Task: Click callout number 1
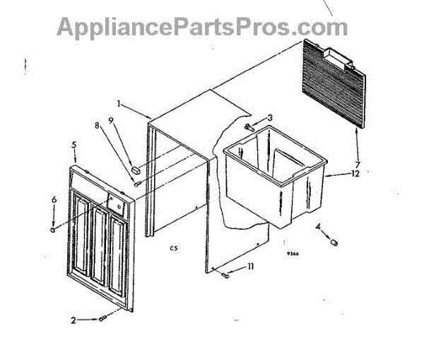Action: coord(119,104)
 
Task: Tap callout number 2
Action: coord(73,320)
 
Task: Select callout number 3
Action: coord(269,116)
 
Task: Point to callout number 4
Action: coord(318,227)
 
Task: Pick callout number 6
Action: coord(54,200)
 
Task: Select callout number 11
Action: coord(250,267)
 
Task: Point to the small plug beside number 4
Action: coord(334,242)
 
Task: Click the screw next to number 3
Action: coord(249,127)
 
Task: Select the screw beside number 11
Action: coord(225,275)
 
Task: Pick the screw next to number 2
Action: coord(104,318)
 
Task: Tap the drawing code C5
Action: coord(173,248)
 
